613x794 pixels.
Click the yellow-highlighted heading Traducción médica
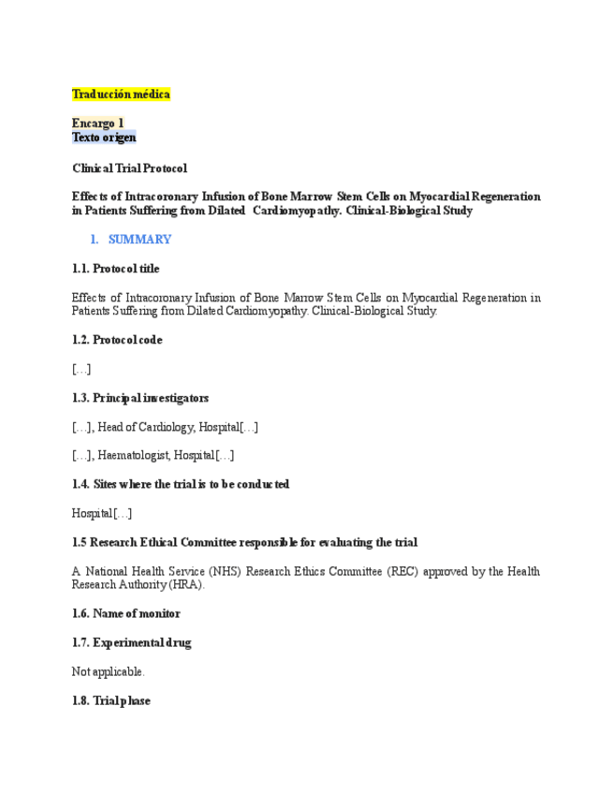point(121,95)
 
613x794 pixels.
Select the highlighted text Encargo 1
point(97,124)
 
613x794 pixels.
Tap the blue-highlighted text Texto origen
point(104,138)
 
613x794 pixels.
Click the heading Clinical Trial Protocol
point(129,169)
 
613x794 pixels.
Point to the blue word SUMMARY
point(139,240)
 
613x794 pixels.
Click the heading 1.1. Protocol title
point(115,269)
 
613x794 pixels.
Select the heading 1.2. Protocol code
point(116,340)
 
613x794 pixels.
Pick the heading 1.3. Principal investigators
point(139,398)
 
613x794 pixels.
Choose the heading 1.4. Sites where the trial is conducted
point(180,484)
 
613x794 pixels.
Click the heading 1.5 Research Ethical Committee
point(244,542)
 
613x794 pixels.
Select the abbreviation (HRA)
point(184,584)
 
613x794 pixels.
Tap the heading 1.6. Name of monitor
point(125,613)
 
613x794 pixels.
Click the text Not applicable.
point(109,671)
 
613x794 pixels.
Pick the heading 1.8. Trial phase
point(110,700)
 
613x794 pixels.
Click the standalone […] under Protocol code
point(81,369)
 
